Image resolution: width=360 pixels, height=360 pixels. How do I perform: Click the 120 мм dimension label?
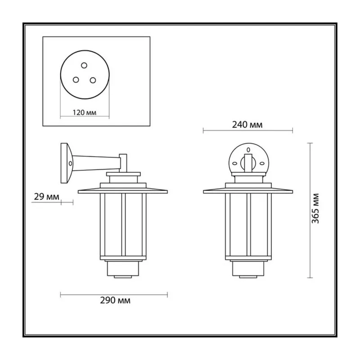[85, 112]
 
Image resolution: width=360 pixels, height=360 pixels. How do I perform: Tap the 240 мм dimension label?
[247, 125]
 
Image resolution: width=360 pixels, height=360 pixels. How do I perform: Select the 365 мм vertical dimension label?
[315, 208]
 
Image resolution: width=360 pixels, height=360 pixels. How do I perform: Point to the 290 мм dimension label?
[115, 300]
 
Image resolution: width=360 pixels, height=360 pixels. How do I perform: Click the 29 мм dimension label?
[46, 197]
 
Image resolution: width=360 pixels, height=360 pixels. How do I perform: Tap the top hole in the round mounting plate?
[84, 65]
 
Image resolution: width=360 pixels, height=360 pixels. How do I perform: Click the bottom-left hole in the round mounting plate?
[76, 80]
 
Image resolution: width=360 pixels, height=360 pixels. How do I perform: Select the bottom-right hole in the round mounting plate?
[93, 80]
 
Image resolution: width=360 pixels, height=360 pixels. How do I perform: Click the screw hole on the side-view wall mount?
[70, 163]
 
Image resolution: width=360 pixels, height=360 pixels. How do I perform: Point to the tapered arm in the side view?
[96, 163]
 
